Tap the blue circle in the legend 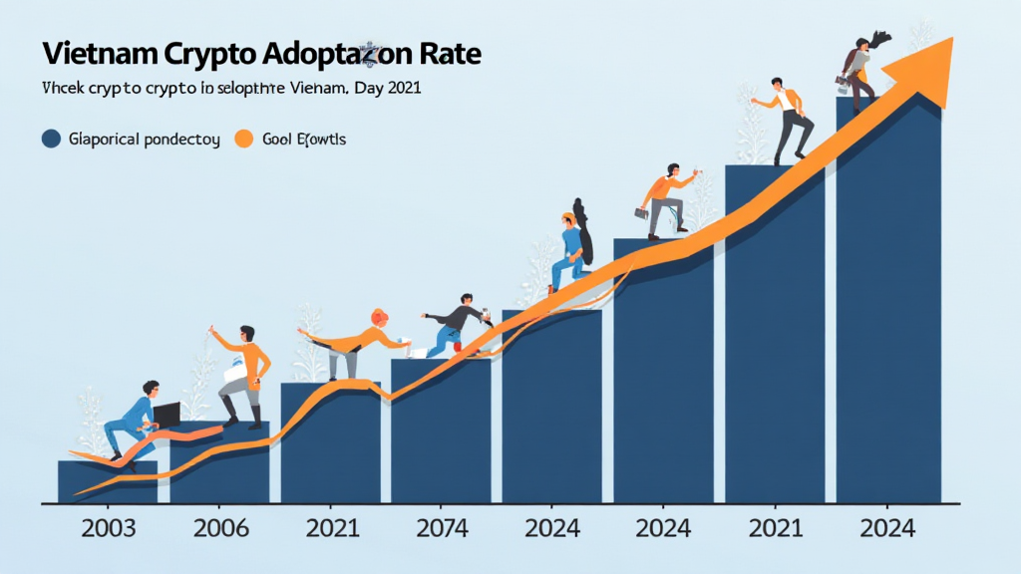pyautogui.click(x=51, y=140)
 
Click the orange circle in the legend pyautogui.click(x=242, y=140)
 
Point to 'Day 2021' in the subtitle pyautogui.click(x=388, y=89)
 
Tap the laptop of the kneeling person pyautogui.click(x=166, y=413)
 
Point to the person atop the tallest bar pyautogui.click(x=859, y=70)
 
